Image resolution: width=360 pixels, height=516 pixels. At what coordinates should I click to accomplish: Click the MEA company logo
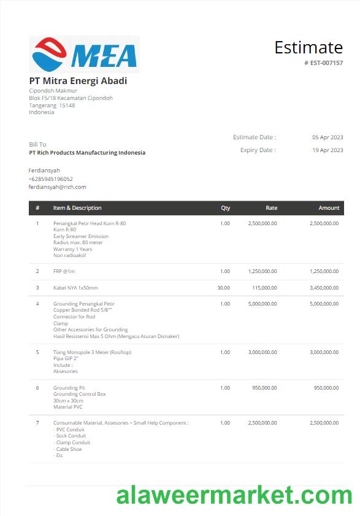(x=84, y=55)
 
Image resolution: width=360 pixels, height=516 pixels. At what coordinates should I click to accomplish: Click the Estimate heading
(x=308, y=47)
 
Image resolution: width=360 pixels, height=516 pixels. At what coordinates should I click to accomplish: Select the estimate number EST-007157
(x=326, y=63)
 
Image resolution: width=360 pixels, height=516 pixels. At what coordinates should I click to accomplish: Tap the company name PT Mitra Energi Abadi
(x=78, y=80)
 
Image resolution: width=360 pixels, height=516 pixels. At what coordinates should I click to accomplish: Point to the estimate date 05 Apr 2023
(x=327, y=137)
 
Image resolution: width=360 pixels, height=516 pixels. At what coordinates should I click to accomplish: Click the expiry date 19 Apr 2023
(x=327, y=150)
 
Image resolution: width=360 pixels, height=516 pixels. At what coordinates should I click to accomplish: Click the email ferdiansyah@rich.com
(x=57, y=187)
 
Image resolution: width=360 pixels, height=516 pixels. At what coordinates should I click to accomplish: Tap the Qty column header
(x=225, y=208)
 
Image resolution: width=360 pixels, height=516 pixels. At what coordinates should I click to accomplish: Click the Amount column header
(x=329, y=208)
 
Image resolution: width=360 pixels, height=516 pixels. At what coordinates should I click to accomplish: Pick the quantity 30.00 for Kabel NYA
(x=223, y=288)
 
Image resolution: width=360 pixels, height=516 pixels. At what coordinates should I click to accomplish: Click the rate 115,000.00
(x=264, y=288)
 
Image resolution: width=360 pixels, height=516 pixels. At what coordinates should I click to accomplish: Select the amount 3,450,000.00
(x=324, y=288)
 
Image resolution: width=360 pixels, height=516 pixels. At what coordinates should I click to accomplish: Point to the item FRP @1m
(x=64, y=271)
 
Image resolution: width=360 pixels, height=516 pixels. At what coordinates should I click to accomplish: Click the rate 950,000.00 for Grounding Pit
(x=264, y=388)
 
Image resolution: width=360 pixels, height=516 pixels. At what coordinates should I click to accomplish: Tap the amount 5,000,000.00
(x=324, y=304)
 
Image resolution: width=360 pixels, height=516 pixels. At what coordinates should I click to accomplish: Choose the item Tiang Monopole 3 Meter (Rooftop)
(x=92, y=352)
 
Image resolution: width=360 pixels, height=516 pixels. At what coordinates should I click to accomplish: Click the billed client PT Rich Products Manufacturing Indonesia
(x=87, y=153)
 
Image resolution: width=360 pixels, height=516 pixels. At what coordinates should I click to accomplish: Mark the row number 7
(x=37, y=423)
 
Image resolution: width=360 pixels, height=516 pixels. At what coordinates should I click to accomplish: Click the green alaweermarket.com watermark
(x=234, y=495)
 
